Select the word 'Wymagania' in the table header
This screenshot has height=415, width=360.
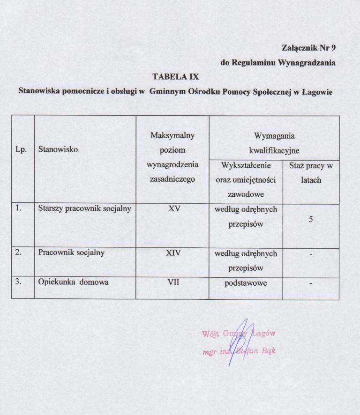[x=274, y=135]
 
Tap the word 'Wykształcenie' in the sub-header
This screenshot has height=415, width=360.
[x=246, y=166]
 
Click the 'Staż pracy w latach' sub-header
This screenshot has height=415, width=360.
[x=311, y=172]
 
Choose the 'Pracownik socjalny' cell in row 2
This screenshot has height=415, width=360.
[x=71, y=253]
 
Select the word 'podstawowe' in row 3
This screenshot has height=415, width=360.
[x=246, y=283]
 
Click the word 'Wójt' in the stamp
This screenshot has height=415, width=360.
[x=210, y=334]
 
